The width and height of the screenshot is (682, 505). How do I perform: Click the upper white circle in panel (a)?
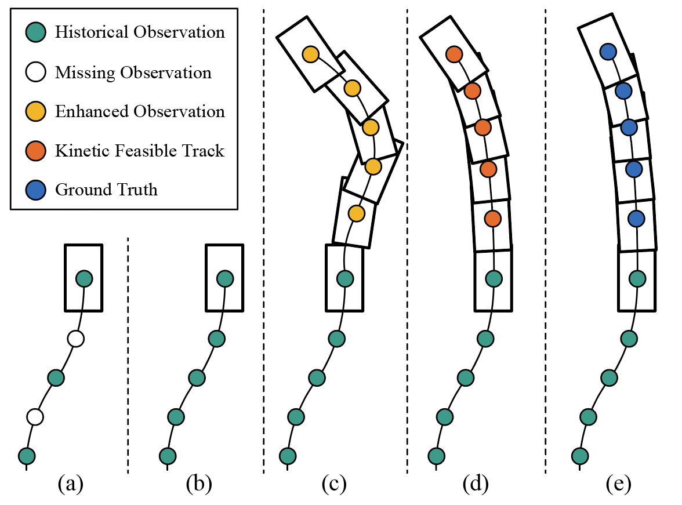coord(75,338)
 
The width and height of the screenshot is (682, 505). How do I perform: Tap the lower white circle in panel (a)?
coord(35,416)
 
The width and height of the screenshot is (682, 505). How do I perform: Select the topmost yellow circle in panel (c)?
coord(311,55)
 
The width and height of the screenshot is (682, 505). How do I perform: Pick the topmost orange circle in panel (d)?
coord(454,55)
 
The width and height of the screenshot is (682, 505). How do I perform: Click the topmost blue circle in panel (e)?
coord(608,52)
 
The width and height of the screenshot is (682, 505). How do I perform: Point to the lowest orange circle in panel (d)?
coord(492,219)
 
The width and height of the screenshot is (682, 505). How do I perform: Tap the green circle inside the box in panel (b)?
coord(225,279)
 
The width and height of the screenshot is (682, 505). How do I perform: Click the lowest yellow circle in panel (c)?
coord(356,213)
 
